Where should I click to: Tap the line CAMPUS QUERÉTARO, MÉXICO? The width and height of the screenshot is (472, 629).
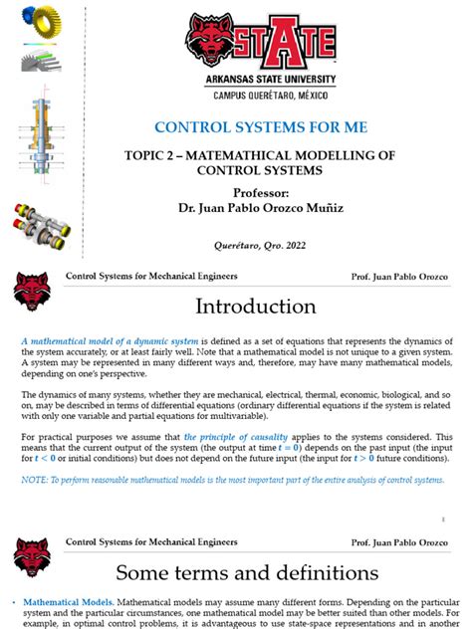tap(262, 96)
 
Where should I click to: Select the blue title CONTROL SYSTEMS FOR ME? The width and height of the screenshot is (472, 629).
tap(261, 127)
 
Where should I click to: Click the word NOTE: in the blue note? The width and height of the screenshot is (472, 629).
tap(34, 481)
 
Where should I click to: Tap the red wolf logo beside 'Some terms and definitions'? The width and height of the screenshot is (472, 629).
tap(32, 559)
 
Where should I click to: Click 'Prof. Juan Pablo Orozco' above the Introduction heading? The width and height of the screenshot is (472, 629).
tap(403, 276)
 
